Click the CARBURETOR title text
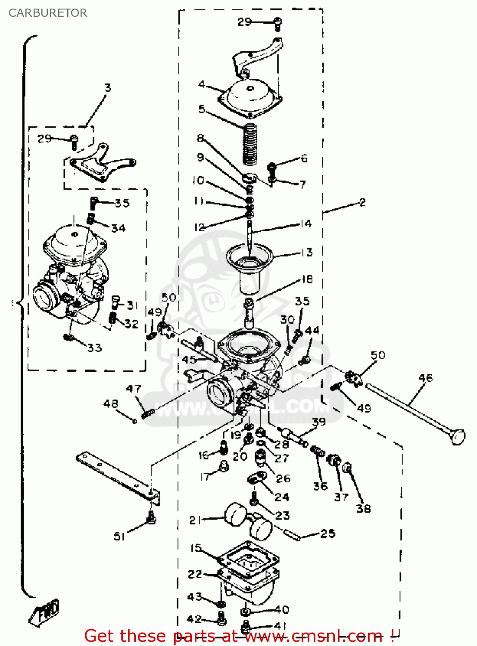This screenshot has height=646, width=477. point(47,13)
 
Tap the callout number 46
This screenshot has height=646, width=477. point(425,378)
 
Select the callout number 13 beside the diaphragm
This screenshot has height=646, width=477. point(307,252)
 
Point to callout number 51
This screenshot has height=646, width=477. point(119,536)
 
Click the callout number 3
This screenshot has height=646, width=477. point(108,88)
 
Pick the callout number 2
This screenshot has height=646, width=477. point(362,202)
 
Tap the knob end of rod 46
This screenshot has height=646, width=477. point(458,437)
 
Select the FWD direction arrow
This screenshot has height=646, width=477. point(44,612)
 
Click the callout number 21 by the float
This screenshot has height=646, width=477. point(195,520)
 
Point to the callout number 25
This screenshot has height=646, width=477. point(327,534)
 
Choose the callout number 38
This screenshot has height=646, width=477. point(363,509)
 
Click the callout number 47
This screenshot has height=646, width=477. point(134,389)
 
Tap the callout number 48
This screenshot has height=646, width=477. point(111,404)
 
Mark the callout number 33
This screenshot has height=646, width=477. point(95,348)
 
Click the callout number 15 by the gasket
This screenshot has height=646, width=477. point(196,548)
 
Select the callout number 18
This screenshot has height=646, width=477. point(307,279)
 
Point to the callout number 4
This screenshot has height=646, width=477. point(202,84)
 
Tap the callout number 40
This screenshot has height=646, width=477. point(282,609)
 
